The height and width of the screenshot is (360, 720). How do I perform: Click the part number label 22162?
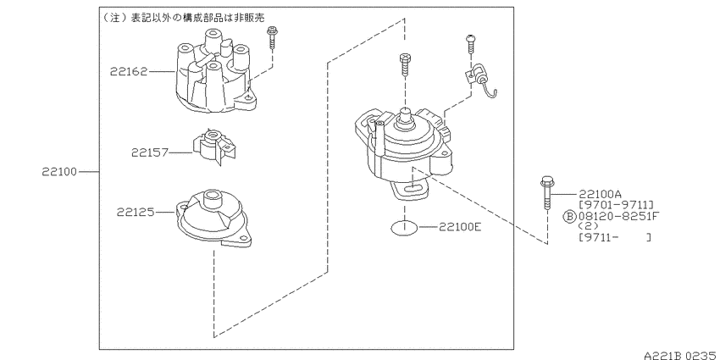[x=129, y=72]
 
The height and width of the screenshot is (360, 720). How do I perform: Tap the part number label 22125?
[x=135, y=212]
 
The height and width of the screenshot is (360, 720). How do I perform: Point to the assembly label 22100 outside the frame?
[x=59, y=172]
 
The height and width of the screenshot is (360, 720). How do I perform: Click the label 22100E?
[x=460, y=226]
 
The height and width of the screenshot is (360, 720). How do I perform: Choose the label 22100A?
[x=601, y=194]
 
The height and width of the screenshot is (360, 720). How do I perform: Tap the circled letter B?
[x=569, y=216]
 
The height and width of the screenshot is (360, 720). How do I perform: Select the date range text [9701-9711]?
[x=616, y=205]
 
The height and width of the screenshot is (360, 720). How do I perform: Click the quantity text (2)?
[x=589, y=226]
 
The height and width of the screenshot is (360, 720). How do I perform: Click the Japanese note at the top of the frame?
[x=183, y=17]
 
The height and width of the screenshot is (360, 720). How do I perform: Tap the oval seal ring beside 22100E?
[x=405, y=227]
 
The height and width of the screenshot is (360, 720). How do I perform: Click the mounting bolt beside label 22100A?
[x=546, y=193]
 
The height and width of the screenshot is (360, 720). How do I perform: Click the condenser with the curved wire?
[x=479, y=80]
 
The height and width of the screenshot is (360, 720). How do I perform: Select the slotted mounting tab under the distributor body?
[x=411, y=190]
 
